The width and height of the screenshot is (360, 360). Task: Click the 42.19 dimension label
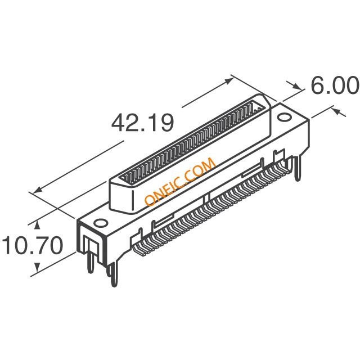pos(142,123)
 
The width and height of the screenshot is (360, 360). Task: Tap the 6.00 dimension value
pos(335,85)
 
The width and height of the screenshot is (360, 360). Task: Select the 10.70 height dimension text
pos(33,245)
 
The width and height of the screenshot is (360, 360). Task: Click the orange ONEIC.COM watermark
pos(180,181)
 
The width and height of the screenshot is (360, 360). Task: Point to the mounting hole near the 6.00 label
pos(284,117)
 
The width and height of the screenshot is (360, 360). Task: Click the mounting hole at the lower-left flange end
pos(101,223)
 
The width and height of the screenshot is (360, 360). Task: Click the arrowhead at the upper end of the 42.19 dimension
pos(228,81)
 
